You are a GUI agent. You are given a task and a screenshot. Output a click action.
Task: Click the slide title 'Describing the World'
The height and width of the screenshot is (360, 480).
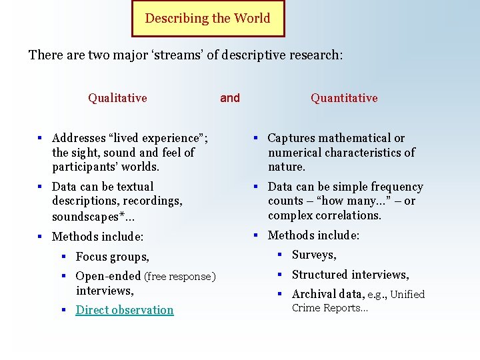coord(207,18)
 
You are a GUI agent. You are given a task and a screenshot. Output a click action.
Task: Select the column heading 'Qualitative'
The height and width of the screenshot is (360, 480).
coord(117,98)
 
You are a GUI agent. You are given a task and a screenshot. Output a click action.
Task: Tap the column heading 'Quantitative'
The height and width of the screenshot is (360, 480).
coord(344,98)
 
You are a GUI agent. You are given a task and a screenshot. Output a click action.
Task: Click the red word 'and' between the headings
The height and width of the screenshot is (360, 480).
coord(230,98)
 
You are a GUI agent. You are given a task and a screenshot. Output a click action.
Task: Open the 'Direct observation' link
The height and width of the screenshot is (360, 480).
coord(125,310)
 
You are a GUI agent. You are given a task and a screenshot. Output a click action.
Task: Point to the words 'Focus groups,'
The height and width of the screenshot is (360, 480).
coord(113,257)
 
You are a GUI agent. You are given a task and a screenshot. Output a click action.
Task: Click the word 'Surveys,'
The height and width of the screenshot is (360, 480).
coord(314,255)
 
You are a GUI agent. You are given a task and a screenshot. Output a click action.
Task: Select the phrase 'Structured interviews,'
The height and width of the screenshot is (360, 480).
coord(351,275)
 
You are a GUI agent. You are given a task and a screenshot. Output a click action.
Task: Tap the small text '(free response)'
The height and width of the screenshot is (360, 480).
coord(180,277)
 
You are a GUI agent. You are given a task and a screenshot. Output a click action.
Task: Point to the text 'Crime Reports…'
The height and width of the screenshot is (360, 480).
coord(330,308)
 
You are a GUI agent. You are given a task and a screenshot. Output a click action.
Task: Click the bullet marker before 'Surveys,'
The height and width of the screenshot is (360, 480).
coord(282,255)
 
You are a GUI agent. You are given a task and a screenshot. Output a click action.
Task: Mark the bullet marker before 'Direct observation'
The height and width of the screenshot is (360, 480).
coord(66,310)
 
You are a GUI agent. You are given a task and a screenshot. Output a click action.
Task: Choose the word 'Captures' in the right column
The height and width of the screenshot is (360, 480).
coord(292,138)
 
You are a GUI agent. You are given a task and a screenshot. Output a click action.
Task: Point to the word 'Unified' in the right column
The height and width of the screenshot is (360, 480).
coord(407,294)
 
